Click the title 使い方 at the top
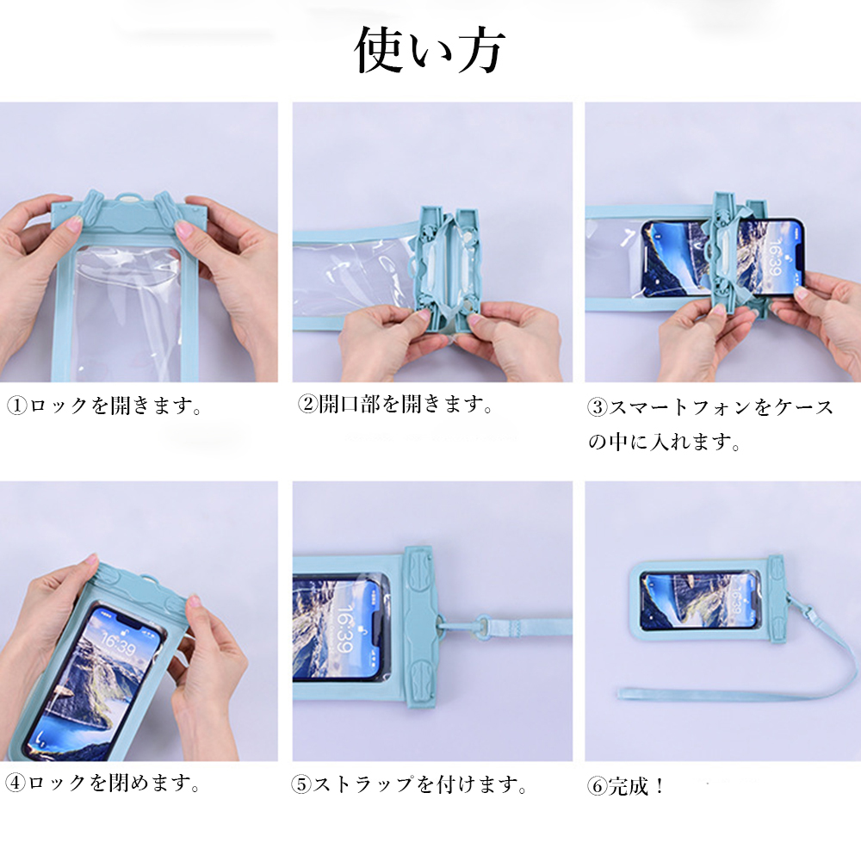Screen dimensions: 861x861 tap(429, 51)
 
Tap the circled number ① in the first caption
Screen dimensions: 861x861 tap(16, 406)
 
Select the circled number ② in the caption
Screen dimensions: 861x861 tap(307, 405)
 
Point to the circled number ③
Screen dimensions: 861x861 tap(598, 407)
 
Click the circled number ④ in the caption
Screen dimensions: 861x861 tap(15, 783)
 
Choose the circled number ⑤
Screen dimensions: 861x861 tap(301, 784)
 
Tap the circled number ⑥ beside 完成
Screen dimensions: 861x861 tap(598, 786)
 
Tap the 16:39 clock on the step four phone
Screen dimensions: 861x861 tap(117, 644)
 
